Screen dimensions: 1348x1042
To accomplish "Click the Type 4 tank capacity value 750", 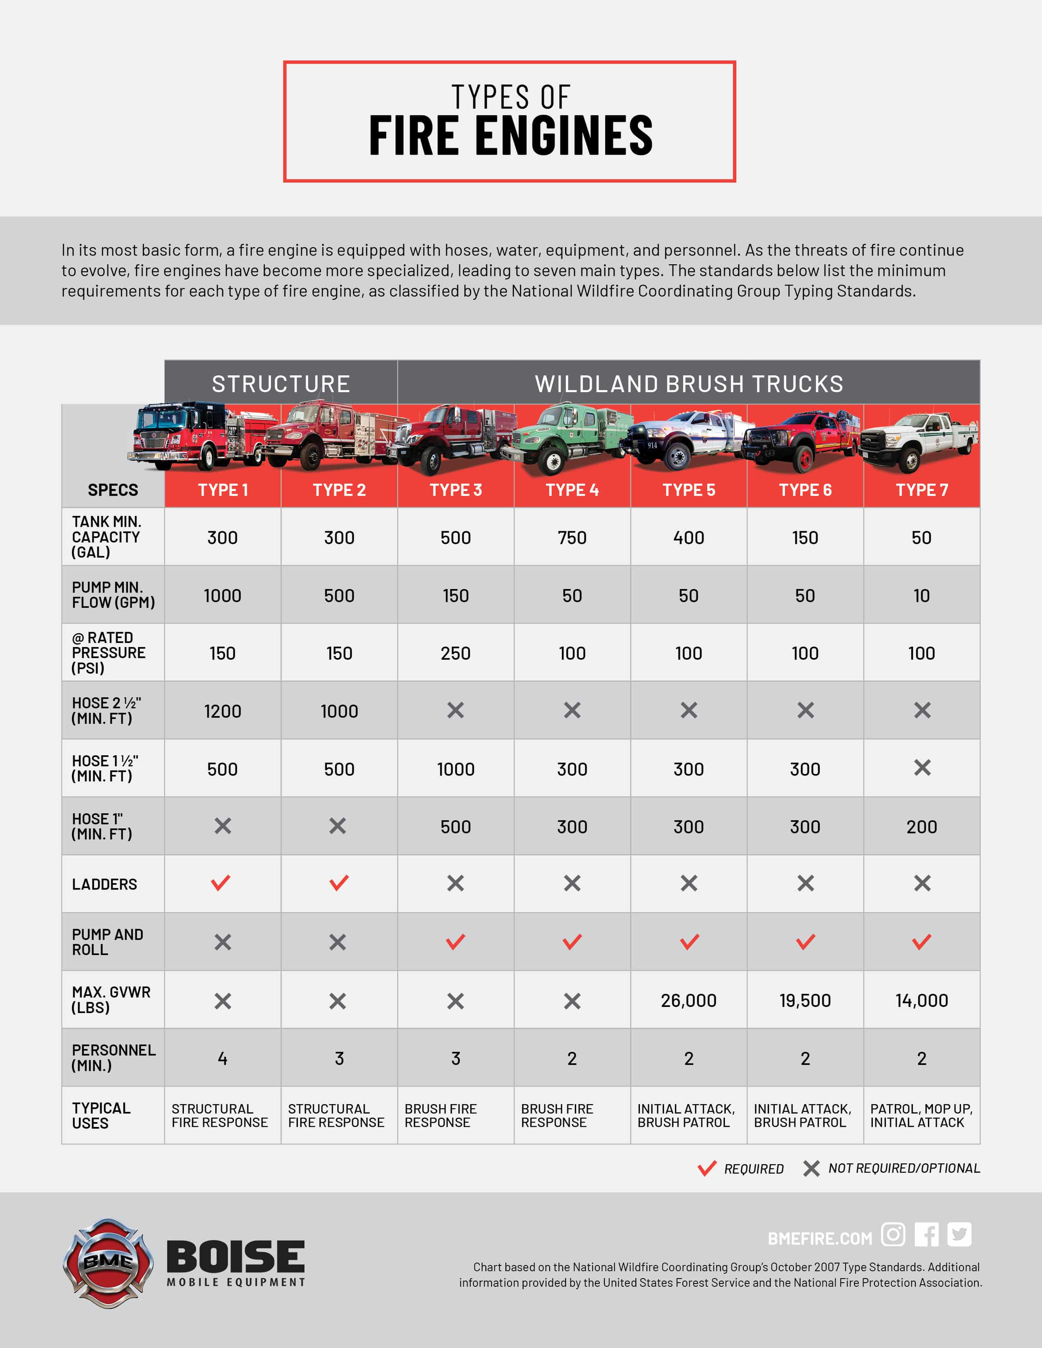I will [x=572, y=538].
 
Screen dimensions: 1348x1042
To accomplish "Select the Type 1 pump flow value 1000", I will [x=222, y=596].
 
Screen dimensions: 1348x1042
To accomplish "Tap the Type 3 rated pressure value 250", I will [x=456, y=653].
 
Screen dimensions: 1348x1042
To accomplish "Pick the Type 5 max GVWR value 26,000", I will [x=688, y=1000].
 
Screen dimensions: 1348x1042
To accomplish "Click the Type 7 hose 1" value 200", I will [x=921, y=826].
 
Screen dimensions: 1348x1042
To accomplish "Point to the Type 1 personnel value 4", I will [x=222, y=1058].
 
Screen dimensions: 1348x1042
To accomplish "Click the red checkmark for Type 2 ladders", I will [x=339, y=883].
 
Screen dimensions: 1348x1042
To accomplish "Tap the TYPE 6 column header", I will [x=805, y=490].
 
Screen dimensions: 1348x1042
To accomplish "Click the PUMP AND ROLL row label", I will [x=107, y=942].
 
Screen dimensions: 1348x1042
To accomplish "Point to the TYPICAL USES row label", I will [x=101, y=1115].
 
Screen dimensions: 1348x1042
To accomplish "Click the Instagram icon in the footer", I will [x=892, y=1234].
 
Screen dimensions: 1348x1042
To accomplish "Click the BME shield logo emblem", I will [x=108, y=1263].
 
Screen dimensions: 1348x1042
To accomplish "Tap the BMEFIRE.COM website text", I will [x=820, y=1238].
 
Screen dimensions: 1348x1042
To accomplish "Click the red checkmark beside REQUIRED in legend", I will [x=707, y=1168].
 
